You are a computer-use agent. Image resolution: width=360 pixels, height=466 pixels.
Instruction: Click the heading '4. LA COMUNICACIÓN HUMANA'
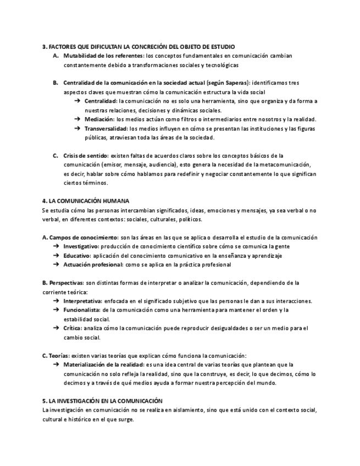(x=85, y=201)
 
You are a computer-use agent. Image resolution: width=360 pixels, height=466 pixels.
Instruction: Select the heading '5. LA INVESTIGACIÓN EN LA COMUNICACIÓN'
(x=102, y=401)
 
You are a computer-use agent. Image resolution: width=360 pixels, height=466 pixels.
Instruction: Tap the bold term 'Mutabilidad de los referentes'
(x=103, y=56)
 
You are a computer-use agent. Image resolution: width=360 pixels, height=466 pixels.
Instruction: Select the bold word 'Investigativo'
(x=81, y=246)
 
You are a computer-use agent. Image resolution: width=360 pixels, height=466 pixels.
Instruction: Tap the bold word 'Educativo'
(x=76, y=256)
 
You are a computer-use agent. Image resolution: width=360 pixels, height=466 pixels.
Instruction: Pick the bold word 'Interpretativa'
(x=82, y=301)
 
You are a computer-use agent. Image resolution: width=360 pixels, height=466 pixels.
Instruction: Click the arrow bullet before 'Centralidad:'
(x=77, y=101)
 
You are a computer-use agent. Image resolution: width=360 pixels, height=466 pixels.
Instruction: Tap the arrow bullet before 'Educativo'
(x=56, y=256)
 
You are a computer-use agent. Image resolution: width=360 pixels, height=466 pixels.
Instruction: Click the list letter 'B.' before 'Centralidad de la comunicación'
(x=56, y=83)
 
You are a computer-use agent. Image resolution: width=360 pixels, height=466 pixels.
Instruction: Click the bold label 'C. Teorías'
(x=56, y=355)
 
